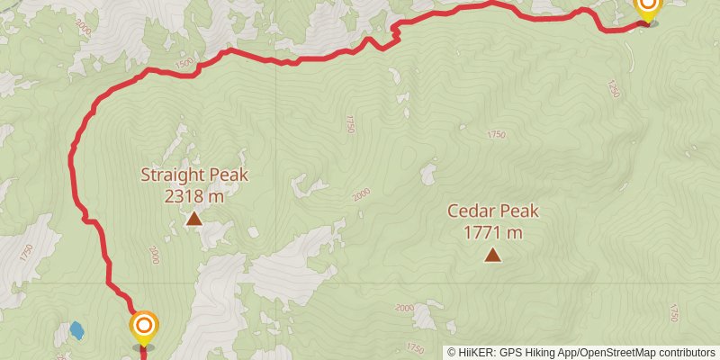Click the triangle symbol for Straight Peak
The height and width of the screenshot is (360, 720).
pyautogui.click(x=193, y=218)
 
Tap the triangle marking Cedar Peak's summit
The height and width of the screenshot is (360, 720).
pyautogui.click(x=492, y=255)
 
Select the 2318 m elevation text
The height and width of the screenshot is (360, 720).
pyautogui.click(x=194, y=194)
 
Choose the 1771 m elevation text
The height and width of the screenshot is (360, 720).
pyautogui.click(x=493, y=233)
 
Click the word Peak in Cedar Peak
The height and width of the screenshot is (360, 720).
pyautogui.click(x=519, y=211)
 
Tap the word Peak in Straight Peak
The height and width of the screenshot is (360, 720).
pyautogui.click(x=228, y=175)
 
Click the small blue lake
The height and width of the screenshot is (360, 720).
pyautogui.click(x=77, y=330)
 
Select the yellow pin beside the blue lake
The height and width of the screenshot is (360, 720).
pyautogui.click(x=143, y=328)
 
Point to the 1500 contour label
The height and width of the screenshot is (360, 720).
pyautogui.click(x=184, y=63)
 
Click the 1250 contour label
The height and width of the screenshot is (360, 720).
pyautogui.click(x=614, y=89)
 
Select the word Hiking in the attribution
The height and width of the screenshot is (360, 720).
pyautogui.click(x=545, y=353)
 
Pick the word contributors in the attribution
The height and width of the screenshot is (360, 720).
pyautogui.click(x=684, y=353)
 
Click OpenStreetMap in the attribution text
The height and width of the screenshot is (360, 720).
pyautogui.click(x=616, y=353)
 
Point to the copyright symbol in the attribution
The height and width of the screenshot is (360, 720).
pyautogui.click(x=452, y=353)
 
